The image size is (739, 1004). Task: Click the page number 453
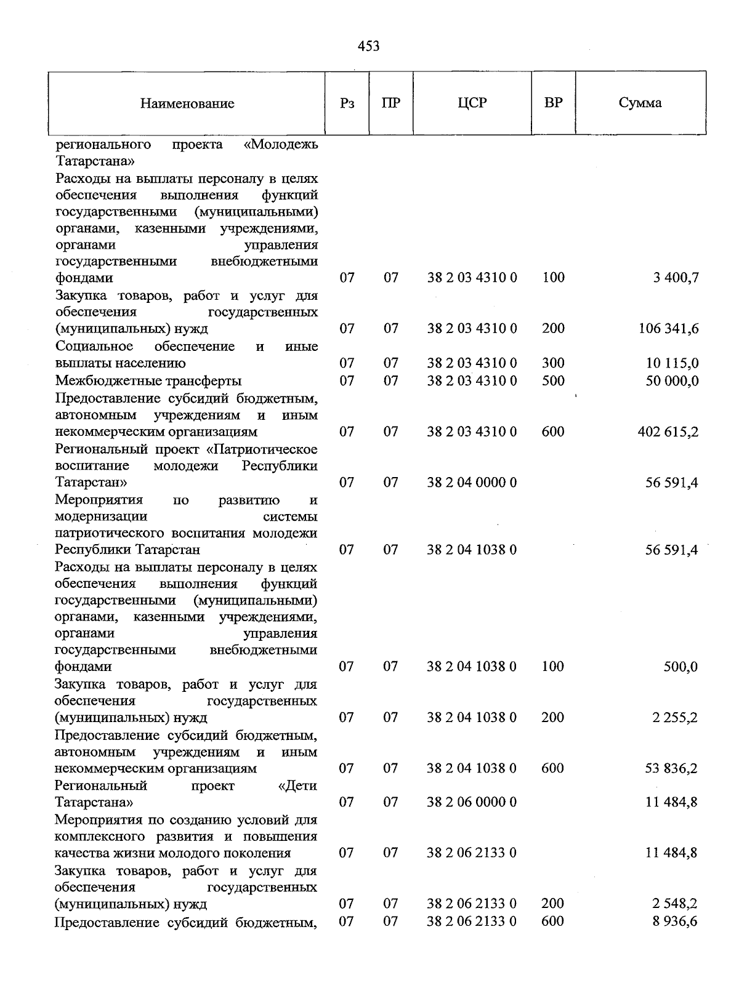[x=368, y=46]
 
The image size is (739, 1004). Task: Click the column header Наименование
[x=187, y=103]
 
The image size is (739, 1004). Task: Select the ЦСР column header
[x=472, y=103]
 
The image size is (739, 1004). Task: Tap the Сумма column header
[x=640, y=103]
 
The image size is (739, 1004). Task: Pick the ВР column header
[x=553, y=103]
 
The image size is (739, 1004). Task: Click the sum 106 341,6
[x=668, y=329]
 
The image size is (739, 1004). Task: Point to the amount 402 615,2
[x=668, y=432]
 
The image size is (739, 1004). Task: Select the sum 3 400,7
[x=676, y=278]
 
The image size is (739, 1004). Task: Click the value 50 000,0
[x=672, y=380]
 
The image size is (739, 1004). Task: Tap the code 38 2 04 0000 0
[x=472, y=482]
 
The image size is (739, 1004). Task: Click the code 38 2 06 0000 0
[x=472, y=802]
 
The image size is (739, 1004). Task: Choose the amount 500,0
[x=680, y=667]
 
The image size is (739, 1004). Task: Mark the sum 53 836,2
[x=671, y=768]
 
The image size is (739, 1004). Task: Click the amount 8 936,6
[x=675, y=921]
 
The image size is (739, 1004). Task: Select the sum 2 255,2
[x=675, y=717]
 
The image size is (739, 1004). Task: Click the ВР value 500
[x=553, y=380]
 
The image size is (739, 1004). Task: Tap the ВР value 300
[x=553, y=363]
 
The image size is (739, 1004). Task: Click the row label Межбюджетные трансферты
[x=148, y=380]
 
